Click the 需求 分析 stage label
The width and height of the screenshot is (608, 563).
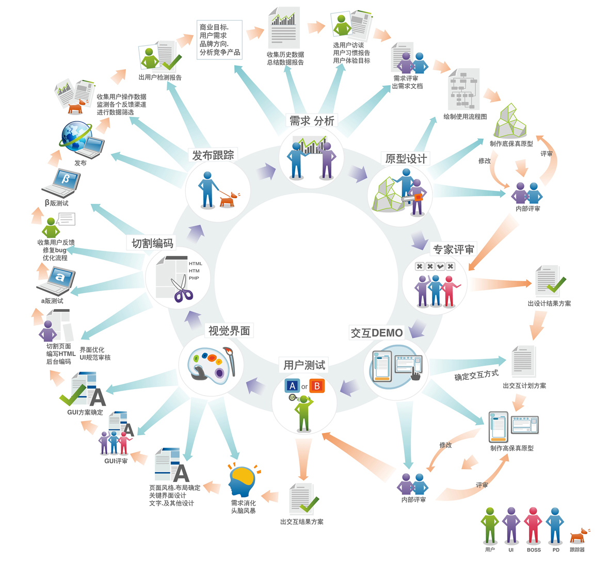(x=312, y=121)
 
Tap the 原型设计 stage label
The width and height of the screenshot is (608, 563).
(x=406, y=159)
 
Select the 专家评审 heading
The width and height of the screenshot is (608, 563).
(x=454, y=250)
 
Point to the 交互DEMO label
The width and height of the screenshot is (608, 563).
(x=377, y=333)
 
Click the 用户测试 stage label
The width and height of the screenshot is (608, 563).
(x=304, y=365)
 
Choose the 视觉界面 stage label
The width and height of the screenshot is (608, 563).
(x=229, y=331)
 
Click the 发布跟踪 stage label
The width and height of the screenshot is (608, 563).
(x=213, y=155)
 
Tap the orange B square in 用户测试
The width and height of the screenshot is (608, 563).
(x=317, y=386)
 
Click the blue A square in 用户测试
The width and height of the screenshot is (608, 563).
(x=292, y=386)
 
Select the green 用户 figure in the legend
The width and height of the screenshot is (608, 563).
(x=490, y=525)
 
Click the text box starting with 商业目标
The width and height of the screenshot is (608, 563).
(x=220, y=39)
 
